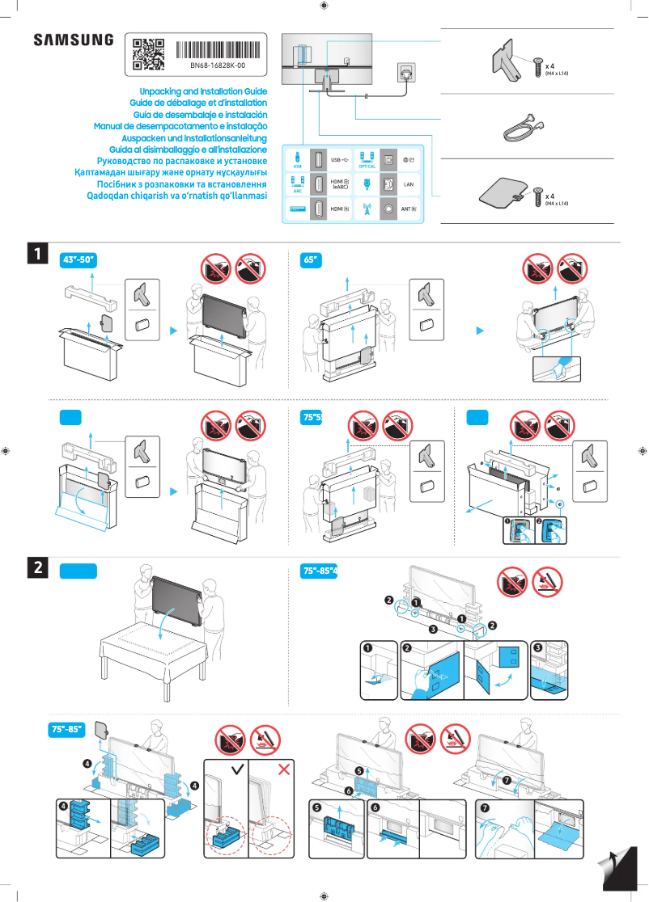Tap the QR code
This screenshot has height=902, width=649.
[x=148, y=53]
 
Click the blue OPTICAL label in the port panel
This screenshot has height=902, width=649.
[x=367, y=166]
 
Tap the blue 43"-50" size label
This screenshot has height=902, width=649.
[x=79, y=259]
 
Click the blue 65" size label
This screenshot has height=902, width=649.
[x=310, y=259]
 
